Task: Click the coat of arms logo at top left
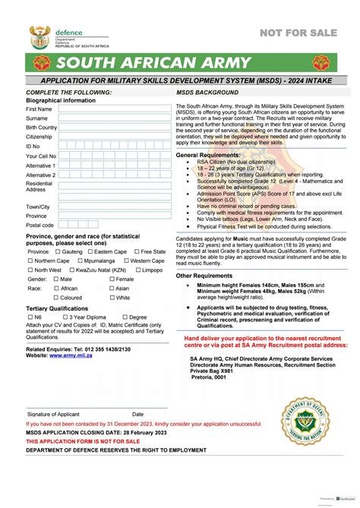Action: [39, 36]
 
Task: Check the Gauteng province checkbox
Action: [58, 251]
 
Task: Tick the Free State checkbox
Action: [136, 251]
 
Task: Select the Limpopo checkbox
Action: [136, 270]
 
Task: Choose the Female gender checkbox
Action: [111, 279]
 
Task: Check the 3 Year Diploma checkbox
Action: [65, 317]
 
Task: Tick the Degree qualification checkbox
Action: [124, 317]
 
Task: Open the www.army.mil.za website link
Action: [75, 355]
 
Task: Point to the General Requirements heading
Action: [208, 155]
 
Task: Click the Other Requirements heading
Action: [204, 276]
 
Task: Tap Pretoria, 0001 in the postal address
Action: [209, 377]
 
